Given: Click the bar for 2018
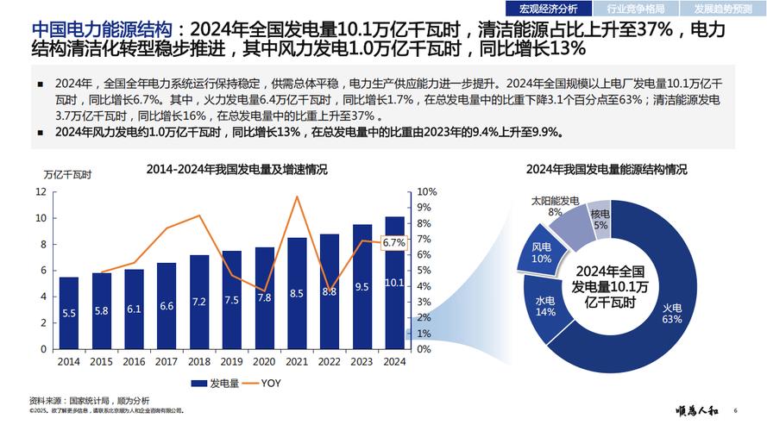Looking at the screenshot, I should (199, 302).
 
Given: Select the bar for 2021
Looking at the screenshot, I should (297, 293).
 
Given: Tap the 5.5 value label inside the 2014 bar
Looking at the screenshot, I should (69, 314).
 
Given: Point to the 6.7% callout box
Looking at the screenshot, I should (393, 242).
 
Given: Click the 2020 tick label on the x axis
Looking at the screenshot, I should (264, 361).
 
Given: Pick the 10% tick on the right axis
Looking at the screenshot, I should (425, 191).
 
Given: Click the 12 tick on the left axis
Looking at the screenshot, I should (41, 191).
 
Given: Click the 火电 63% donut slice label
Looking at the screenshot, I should (672, 313).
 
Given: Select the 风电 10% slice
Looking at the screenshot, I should (541, 253).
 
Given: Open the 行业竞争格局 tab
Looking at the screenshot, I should (641, 9).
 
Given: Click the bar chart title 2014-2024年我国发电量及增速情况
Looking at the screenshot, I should (236, 169).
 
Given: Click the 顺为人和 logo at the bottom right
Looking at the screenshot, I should (697, 409).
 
